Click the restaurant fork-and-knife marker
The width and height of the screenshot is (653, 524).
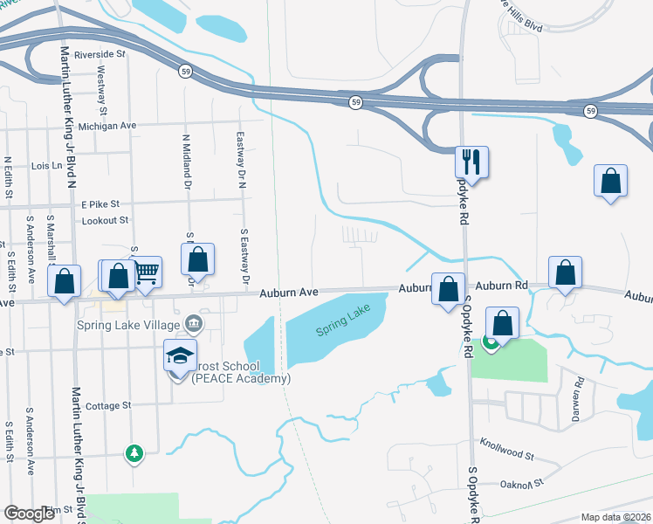click(471, 162)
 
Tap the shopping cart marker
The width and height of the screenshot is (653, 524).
click(146, 272)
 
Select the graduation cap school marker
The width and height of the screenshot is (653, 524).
click(180, 356)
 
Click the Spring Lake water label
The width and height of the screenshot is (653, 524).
click(343, 322)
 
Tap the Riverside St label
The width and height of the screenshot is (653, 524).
click(100, 54)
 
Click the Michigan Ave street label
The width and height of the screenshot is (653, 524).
click(107, 126)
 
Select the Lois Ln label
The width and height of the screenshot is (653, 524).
click(47, 165)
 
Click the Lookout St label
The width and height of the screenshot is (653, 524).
click(105, 221)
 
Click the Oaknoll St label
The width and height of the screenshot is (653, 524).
click(522, 483)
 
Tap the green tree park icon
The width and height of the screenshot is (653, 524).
click(134, 453)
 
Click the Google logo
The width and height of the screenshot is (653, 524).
click(30, 514)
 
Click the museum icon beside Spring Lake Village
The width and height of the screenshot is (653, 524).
click(195, 326)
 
